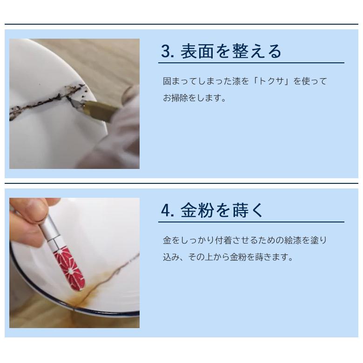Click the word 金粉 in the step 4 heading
198,210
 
